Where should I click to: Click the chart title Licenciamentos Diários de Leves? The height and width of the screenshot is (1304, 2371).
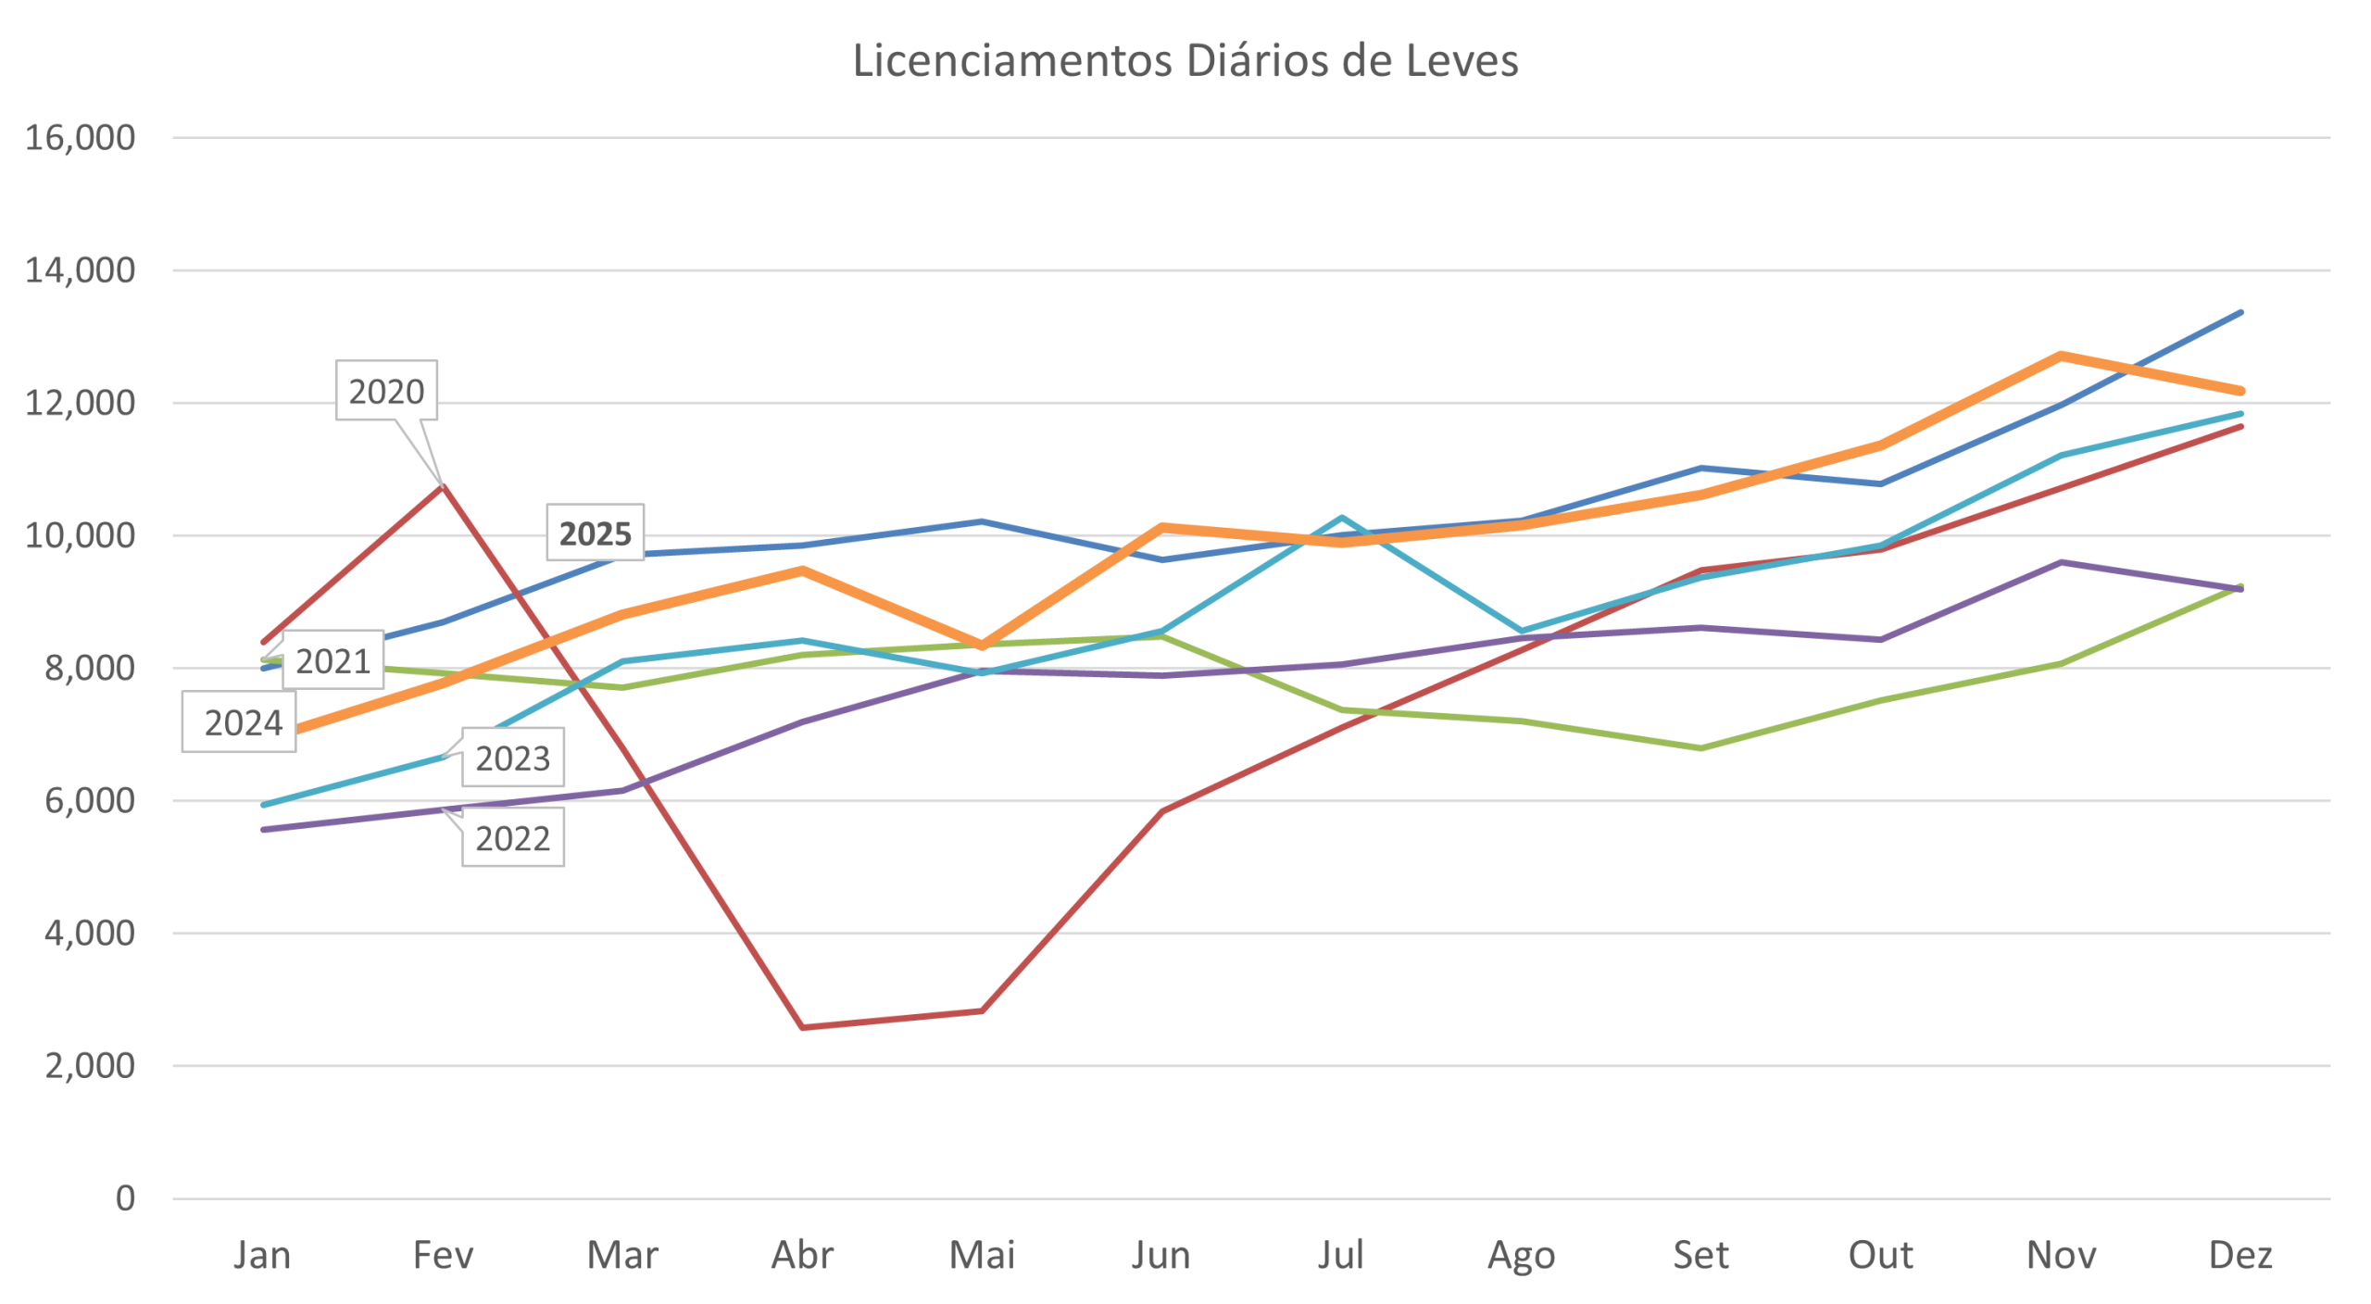pos(1185,61)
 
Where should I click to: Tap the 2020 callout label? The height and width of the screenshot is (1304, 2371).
pos(386,392)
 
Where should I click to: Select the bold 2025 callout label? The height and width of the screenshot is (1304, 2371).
pos(595,533)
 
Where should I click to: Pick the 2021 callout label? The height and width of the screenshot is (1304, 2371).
pos(332,661)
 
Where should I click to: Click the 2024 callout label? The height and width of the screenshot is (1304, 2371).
pos(243,722)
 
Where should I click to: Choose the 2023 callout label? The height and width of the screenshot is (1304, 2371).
pos(512,759)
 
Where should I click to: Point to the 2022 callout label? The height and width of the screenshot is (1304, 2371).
pos(512,838)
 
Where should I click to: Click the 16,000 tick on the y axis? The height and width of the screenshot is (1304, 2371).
pos(80,138)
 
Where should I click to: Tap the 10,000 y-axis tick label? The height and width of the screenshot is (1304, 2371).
pos(80,535)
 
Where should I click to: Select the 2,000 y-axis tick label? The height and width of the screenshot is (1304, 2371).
pos(89,1065)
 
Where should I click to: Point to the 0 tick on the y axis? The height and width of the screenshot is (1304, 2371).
pos(124,1197)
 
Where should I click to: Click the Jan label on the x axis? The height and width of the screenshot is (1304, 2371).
pos(262,1256)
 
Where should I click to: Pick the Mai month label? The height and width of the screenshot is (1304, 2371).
pos(982,1256)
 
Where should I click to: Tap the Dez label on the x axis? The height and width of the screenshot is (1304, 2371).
pos(2240,1256)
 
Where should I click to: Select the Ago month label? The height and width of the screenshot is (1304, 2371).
pos(1521,1256)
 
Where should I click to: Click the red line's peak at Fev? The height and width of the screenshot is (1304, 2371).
pos(444,484)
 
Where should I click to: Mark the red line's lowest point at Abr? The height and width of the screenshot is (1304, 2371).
pos(802,1027)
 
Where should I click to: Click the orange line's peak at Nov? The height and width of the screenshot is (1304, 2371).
pos(2061,354)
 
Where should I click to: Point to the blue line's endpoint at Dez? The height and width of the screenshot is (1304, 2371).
pos(2240,313)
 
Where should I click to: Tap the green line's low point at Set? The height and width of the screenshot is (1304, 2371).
pos(1701,747)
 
